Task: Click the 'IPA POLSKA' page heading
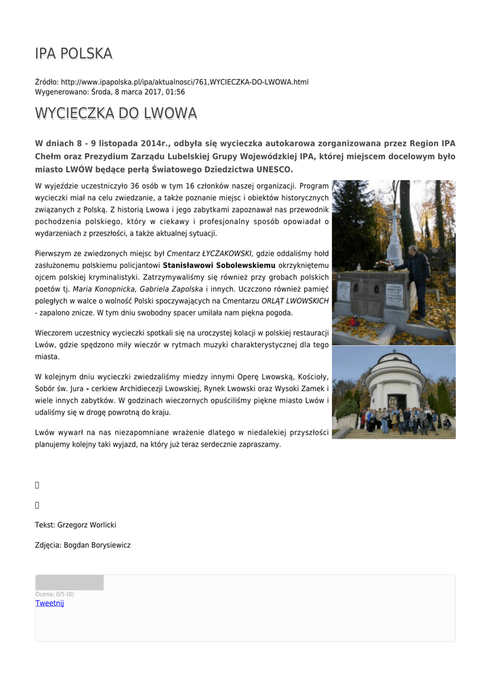(74, 53)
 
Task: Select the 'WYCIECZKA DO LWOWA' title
(116, 113)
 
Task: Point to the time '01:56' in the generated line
(175, 92)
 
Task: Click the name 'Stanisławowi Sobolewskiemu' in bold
(219, 265)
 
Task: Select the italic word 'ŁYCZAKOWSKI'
(223, 252)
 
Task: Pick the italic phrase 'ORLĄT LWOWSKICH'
(295, 300)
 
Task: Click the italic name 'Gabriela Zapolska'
(171, 289)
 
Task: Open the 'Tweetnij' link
(49, 603)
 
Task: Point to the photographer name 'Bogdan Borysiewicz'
(97, 545)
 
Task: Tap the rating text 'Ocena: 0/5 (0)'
(55, 594)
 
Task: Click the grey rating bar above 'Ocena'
(69, 583)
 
